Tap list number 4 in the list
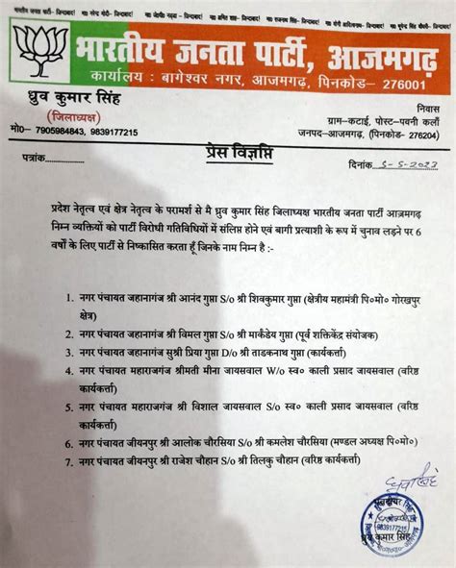pyautogui.click(x=70, y=382)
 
